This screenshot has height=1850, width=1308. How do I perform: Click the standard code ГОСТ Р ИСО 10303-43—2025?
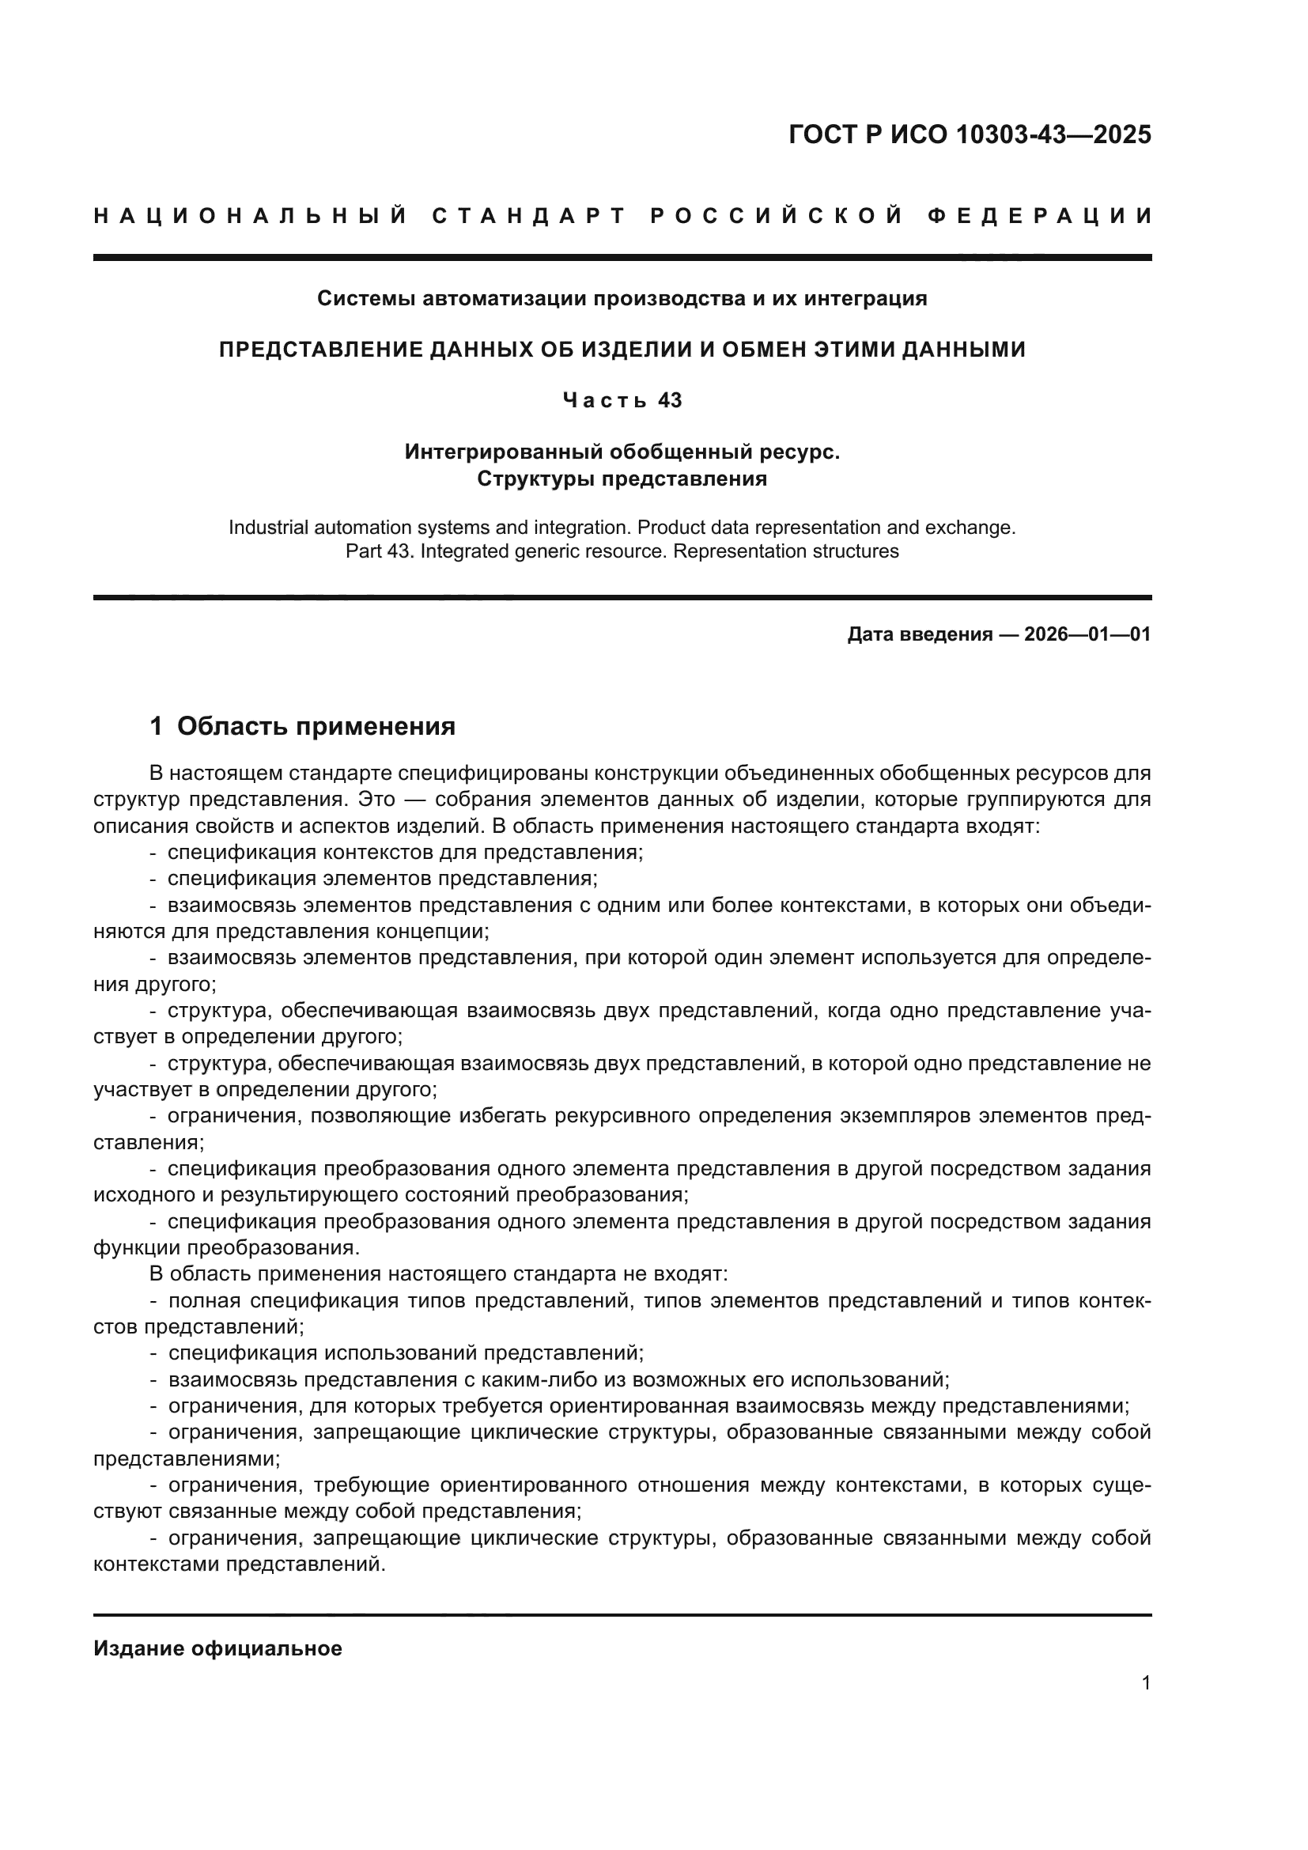969,134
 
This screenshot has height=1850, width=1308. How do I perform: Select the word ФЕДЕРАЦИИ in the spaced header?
1039,216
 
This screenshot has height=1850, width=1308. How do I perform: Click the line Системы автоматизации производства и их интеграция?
622,299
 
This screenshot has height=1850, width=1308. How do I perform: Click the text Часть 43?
622,400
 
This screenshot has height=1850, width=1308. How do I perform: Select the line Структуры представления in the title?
622,479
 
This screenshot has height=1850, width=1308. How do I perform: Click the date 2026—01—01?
1087,635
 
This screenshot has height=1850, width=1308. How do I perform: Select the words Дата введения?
919,635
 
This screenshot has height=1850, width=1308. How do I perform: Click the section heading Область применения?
316,727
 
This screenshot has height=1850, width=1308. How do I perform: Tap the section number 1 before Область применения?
157,727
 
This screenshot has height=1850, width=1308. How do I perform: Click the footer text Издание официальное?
217,1648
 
